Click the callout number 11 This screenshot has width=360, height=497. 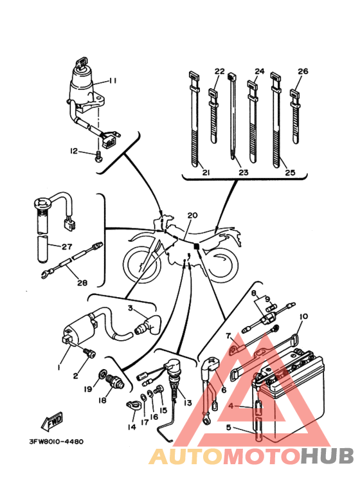(112, 80)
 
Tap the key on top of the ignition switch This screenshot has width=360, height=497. (81, 62)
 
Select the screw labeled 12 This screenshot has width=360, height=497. (99, 157)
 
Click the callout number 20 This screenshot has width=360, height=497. (192, 215)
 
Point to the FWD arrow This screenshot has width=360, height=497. (52, 421)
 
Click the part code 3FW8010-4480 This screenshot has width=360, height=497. (57, 442)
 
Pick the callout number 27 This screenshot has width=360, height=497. (67, 246)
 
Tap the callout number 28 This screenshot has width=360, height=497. (82, 282)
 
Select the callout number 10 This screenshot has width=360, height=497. (303, 316)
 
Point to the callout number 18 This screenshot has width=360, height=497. (102, 401)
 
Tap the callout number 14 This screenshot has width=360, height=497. (132, 427)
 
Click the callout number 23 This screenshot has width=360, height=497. (244, 172)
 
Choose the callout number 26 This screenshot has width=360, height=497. (303, 71)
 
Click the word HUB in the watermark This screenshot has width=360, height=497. (327, 456)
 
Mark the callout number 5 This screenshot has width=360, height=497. (229, 428)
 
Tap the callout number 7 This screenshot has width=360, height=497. (228, 336)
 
